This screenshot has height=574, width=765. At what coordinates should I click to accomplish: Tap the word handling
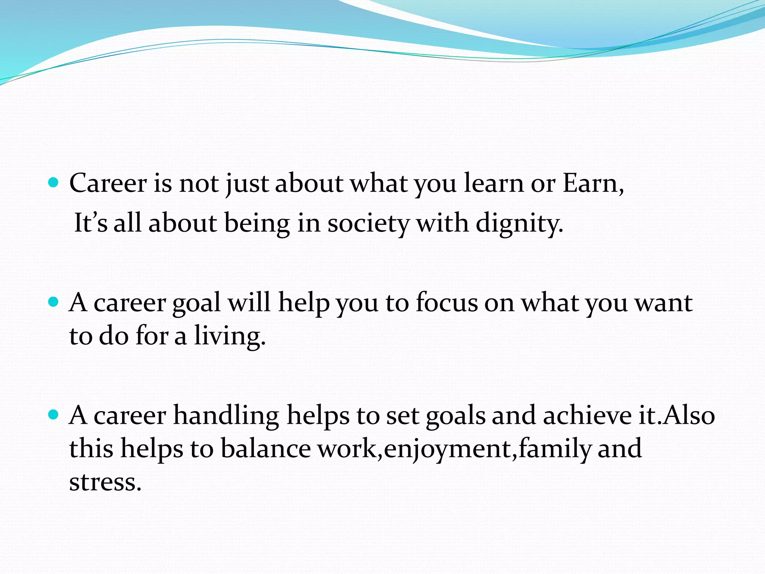pyautogui.click(x=226, y=416)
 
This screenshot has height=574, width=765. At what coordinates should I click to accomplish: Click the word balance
pyautogui.click(x=266, y=448)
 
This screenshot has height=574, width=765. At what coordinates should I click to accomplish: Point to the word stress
pyautogui.click(x=105, y=482)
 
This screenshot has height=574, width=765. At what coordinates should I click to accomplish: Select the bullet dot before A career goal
pyautogui.click(x=54, y=302)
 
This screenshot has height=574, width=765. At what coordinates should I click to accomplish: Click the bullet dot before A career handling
pyautogui.click(x=54, y=414)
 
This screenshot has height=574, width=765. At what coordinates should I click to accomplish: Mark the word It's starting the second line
pyautogui.click(x=91, y=223)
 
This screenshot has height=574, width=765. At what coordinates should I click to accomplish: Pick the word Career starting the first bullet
pyautogui.click(x=108, y=184)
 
